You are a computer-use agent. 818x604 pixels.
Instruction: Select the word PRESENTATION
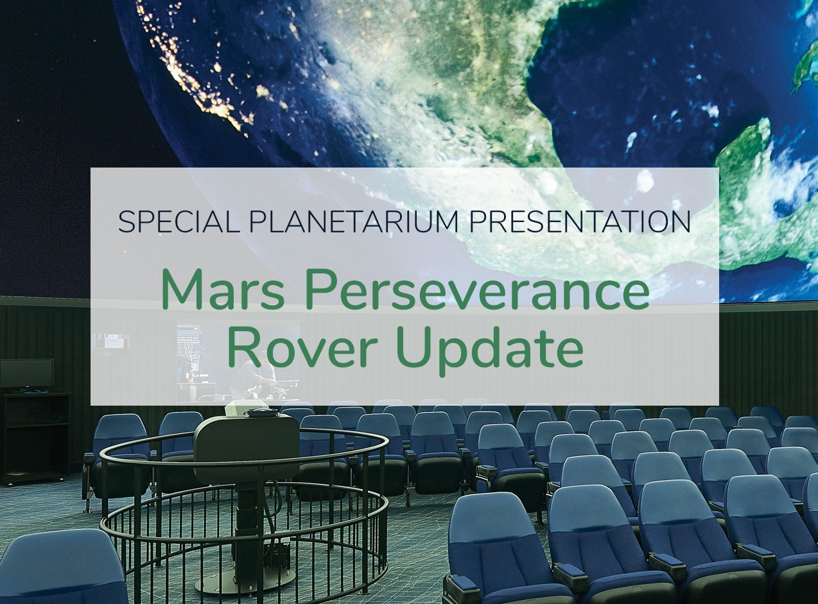579,221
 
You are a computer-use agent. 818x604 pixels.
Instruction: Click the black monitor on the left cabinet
26,374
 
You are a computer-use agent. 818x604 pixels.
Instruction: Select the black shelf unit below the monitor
35,436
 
